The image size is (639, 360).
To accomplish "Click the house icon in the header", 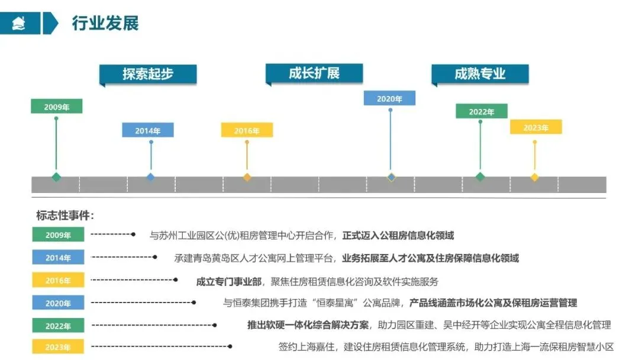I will point(20,24).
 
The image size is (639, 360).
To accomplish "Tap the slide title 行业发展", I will point(105,24).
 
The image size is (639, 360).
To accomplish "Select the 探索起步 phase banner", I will point(148,74).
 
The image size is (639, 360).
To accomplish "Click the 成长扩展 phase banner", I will point(314,73).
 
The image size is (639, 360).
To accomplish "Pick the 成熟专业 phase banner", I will point(480,74).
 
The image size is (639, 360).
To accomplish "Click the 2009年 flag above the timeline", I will point(57,107).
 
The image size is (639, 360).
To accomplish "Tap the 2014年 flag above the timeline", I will point(148,130).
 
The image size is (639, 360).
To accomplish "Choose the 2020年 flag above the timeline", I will point(389,98).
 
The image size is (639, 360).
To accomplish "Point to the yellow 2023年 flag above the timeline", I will point(536,127).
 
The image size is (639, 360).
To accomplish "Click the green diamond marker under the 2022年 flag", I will point(480,176).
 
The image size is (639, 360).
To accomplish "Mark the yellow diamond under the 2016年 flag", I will point(247,177).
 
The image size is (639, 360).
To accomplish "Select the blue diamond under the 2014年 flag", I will point(150,177).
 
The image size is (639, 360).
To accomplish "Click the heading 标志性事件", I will point(65,216).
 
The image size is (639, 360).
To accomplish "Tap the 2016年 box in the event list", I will point(58,281).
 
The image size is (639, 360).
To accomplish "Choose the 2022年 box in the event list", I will point(58,326).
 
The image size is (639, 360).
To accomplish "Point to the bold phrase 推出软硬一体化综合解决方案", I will point(308,325).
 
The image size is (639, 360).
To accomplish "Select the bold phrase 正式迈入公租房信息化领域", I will point(398,236).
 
